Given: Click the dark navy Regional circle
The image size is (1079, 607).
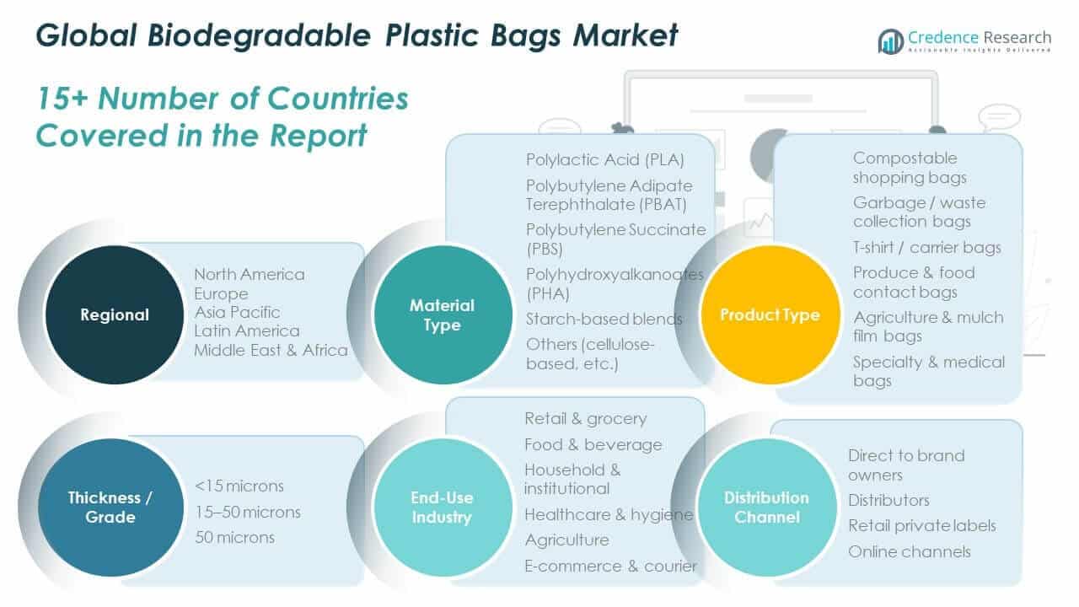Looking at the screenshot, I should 114,315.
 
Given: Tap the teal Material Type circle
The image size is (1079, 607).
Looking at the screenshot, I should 442,315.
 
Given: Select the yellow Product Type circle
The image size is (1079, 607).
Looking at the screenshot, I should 770,315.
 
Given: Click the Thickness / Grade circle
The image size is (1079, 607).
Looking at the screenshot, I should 110,507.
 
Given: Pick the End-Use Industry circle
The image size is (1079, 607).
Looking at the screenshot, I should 442,507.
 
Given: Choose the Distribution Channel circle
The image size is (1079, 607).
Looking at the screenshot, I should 767,507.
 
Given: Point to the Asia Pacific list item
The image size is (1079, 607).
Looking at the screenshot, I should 237,312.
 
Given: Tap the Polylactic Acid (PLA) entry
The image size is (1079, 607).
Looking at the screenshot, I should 604,159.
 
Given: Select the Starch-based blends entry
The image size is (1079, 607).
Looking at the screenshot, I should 604,319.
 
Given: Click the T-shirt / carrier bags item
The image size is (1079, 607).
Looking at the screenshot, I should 926,247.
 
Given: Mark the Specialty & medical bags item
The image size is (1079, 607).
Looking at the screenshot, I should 928,371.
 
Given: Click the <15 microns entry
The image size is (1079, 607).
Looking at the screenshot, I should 239,486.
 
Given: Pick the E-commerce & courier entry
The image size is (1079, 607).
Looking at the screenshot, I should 610,566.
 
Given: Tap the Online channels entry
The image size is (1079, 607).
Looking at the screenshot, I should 909,551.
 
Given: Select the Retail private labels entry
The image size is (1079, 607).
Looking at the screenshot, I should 921,525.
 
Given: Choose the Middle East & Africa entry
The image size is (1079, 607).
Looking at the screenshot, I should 271,350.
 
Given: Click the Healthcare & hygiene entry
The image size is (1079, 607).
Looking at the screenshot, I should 608,514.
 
